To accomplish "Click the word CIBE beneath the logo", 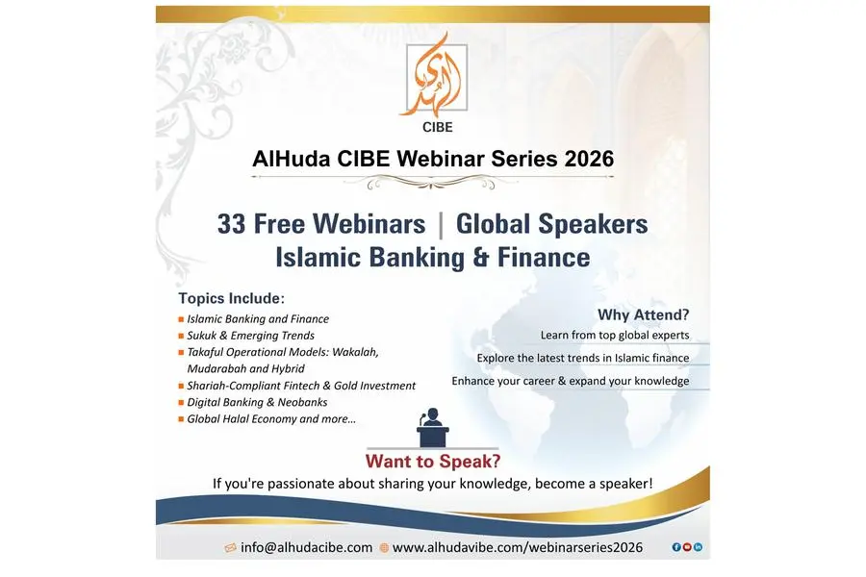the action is click(438, 127).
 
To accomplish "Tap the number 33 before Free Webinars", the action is click(231, 224).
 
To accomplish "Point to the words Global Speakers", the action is click(551, 224).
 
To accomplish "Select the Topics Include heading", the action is click(231, 298).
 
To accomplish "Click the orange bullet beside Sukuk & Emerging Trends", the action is click(181, 336).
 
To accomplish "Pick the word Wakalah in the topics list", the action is click(356, 352).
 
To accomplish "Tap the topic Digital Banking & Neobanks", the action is click(257, 402).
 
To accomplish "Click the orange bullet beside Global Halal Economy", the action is click(181, 419).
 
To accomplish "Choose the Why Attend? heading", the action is click(644, 314).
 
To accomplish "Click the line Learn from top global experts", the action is click(615, 336).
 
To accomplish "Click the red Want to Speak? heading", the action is click(433, 461).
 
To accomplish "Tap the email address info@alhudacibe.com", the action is click(307, 547).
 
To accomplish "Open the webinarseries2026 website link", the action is click(518, 547).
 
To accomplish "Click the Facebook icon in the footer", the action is click(676, 547).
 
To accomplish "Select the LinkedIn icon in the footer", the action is click(699, 547).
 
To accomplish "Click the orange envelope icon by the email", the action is click(231, 548).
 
